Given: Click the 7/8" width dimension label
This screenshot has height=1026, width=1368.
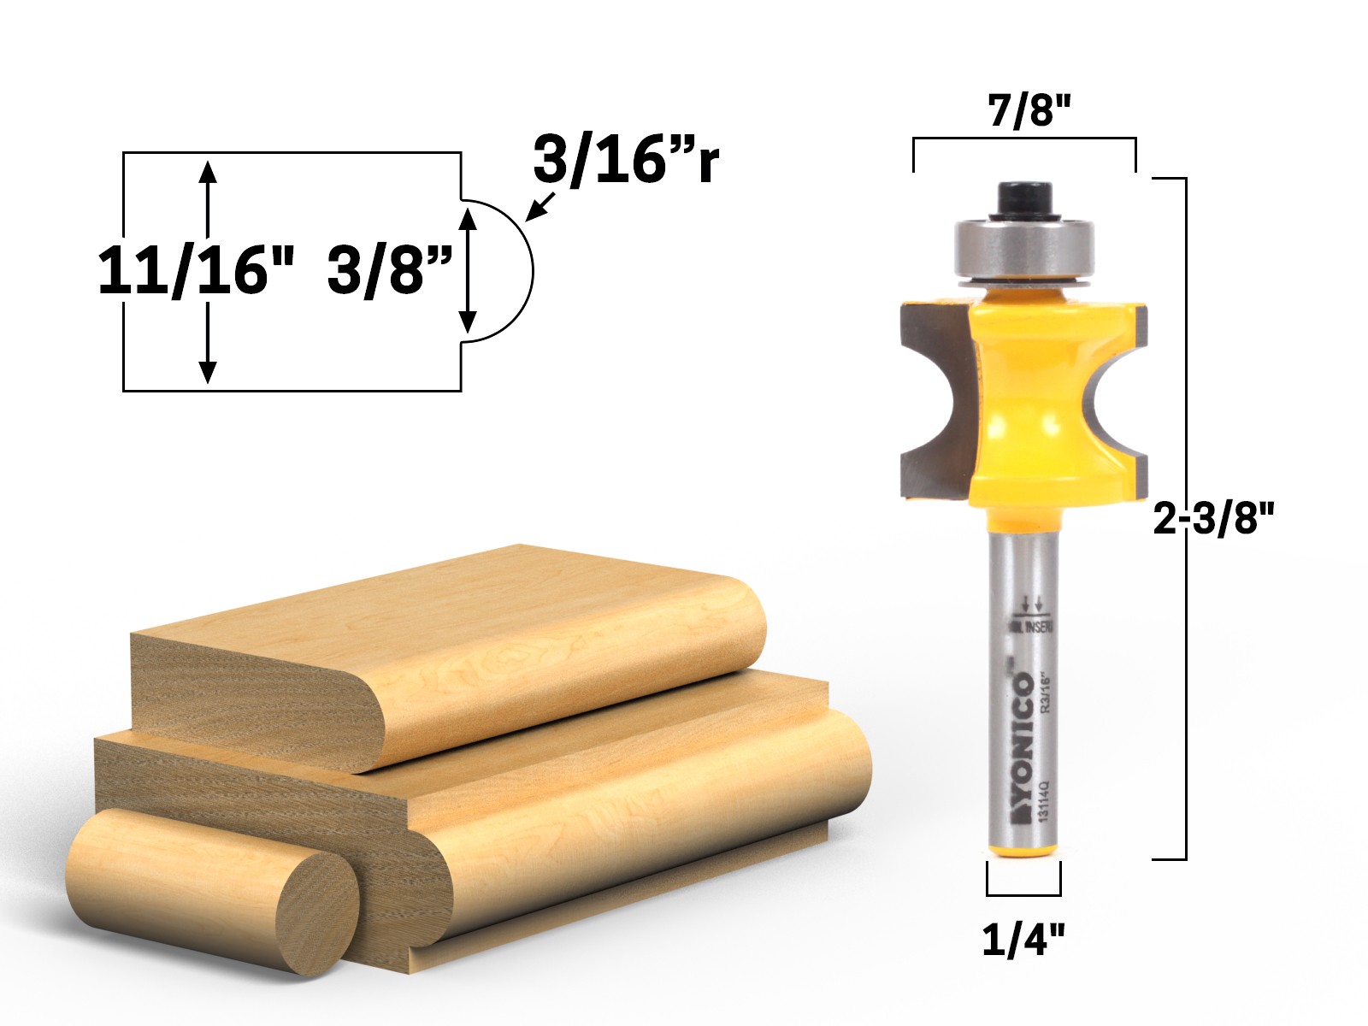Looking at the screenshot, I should point(1029,110).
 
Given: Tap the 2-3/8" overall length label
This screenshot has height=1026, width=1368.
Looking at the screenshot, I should point(1213,518).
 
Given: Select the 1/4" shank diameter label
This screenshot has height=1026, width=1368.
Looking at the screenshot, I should point(1023,940).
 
